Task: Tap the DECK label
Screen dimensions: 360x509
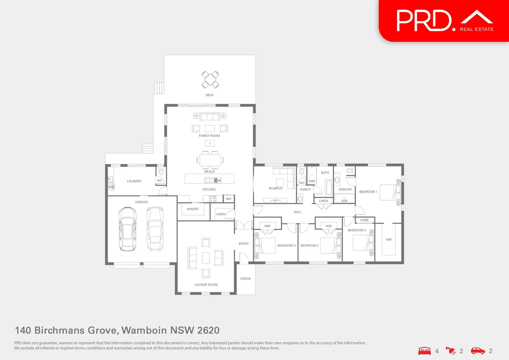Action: [x=210, y=95]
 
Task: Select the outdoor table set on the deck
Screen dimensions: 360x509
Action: [x=210, y=80]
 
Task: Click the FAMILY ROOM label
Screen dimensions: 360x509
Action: [x=209, y=136]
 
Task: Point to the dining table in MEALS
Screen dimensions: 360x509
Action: [x=210, y=160]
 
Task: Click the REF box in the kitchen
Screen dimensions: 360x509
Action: [x=229, y=199]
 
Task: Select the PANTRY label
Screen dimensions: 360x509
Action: [x=193, y=209]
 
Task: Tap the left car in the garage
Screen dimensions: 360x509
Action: [x=127, y=229]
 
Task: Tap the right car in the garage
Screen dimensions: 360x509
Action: [x=155, y=229]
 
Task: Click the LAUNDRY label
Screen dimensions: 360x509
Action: [x=134, y=181]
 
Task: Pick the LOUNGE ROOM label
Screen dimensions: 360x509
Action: [x=206, y=285]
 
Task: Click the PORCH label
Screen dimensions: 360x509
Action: [x=246, y=279]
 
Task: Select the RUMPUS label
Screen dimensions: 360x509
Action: [x=275, y=188]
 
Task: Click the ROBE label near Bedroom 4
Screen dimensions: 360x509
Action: [x=364, y=220]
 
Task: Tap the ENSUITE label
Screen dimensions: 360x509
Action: [x=345, y=189]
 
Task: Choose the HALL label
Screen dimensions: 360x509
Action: [x=297, y=212]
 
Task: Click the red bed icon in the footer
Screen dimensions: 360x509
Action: [x=424, y=351]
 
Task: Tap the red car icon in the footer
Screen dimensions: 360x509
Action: [x=478, y=351]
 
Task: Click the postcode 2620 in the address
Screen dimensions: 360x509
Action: [x=208, y=330]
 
